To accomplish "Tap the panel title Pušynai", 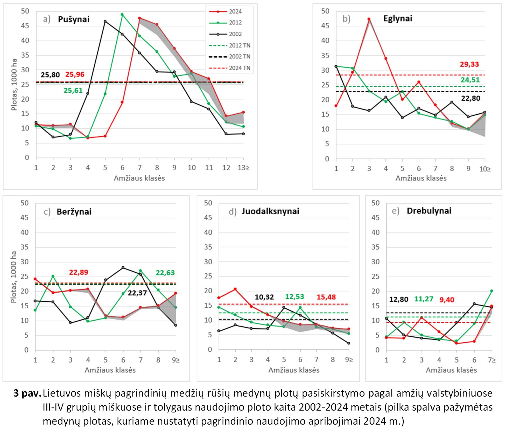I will [x=74, y=19].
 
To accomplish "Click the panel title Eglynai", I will [x=398, y=19].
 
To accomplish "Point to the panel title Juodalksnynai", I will [x=270, y=211].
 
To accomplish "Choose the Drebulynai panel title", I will [x=429, y=211].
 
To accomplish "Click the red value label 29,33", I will [x=469, y=64].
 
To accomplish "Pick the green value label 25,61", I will [x=73, y=91].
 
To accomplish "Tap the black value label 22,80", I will [x=470, y=98].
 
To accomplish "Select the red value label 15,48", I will [x=326, y=297].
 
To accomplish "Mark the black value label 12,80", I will [x=399, y=300].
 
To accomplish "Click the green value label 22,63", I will [x=165, y=273].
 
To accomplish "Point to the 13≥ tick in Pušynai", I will [x=244, y=168].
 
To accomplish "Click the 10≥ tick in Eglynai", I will [x=485, y=169].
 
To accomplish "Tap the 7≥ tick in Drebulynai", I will [x=492, y=360].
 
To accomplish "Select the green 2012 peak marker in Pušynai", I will [x=122, y=15].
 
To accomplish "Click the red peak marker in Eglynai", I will [x=369, y=19].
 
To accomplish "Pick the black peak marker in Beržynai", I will [x=123, y=267].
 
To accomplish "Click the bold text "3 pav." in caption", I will [x=27, y=393].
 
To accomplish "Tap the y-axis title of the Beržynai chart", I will [x=13, y=277].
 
